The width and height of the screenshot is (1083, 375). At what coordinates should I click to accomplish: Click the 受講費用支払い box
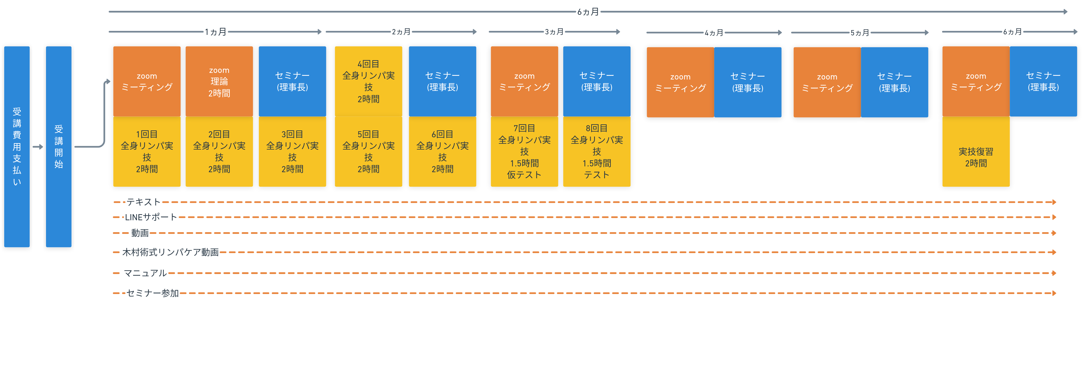pos(17,147)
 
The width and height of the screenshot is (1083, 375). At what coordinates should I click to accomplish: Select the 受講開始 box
pos(58,147)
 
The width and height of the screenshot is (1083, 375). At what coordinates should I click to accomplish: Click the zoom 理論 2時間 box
pos(219,81)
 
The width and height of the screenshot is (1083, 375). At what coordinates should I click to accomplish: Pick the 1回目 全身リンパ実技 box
pos(147,152)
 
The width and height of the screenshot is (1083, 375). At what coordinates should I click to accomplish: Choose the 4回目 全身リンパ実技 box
pos(368,81)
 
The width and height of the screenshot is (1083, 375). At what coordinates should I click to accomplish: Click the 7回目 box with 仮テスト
pos(524,152)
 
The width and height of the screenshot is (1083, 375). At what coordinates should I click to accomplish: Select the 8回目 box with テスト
pos(596,152)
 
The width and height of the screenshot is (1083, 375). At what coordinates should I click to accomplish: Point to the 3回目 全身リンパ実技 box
pos(292,152)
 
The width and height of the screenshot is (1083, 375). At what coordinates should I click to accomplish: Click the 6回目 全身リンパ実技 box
pos(442,152)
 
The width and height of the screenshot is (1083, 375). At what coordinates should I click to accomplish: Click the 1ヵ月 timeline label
pos(216,32)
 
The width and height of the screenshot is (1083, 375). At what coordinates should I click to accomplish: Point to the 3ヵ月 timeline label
pos(554,32)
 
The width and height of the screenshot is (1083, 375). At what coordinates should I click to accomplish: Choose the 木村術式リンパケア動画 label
pos(170,252)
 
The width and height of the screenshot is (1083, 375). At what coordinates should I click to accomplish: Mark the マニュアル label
pos(145,273)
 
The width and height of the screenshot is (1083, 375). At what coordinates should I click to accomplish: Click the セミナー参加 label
pos(153,293)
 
